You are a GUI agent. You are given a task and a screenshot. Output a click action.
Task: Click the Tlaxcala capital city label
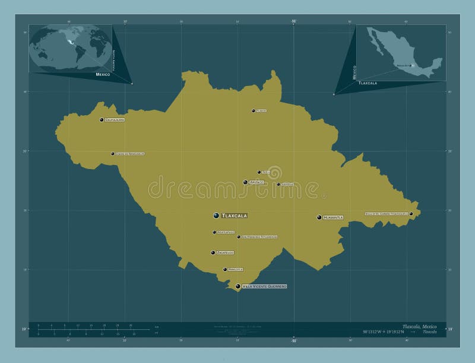(x=235, y=215)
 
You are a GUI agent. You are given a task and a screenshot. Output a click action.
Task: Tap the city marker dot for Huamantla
(x=319, y=218)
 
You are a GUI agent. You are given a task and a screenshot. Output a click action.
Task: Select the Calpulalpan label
(x=115, y=120)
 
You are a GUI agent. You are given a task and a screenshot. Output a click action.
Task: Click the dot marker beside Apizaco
(x=245, y=183)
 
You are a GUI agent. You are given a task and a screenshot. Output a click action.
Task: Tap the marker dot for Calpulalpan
(x=102, y=120)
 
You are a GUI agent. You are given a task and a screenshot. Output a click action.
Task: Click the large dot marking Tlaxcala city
(x=216, y=215)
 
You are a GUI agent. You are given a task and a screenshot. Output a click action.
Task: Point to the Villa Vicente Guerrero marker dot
(x=238, y=286)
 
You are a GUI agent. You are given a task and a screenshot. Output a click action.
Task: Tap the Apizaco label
(x=256, y=183)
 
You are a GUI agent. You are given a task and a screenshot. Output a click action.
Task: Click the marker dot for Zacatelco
(x=213, y=253)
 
